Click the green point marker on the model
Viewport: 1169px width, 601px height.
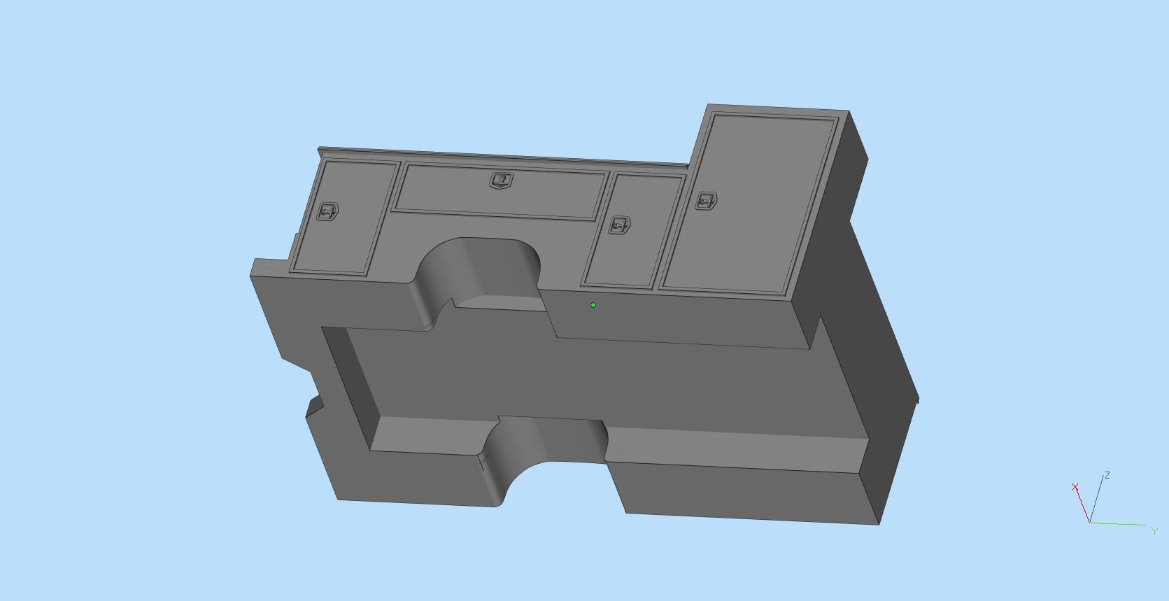[x=593, y=305]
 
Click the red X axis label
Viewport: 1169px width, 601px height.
[x=1075, y=487]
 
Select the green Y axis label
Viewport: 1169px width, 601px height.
[x=1154, y=531]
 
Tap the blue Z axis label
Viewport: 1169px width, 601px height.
[x=1107, y=476]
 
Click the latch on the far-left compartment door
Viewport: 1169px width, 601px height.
[x=327, y=211]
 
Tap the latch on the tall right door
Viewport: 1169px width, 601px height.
[x=706, y=201]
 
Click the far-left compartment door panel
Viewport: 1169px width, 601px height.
[x=343, y=231]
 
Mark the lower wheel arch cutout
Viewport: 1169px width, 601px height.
[x=546, y=448]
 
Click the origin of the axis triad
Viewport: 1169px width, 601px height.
[x=1090, y=523]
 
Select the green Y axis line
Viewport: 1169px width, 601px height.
[x=1119, y=524]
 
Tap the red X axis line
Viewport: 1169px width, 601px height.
[x=1083, y=505]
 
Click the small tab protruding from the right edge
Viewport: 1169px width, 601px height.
[x=917, y=400]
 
